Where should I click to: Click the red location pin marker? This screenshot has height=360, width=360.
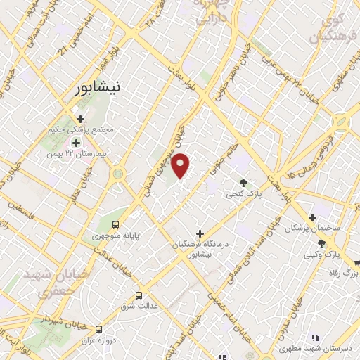pyautogui.click(x=181, y=165)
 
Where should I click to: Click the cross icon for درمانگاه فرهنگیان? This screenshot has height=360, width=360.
pyautogui.click(x=200, y=233)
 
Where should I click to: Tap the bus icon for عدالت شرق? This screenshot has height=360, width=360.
pyautogui.click(x=139, y=295)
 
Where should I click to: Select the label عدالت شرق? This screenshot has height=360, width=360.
pyautogui.click(x=139, y=306)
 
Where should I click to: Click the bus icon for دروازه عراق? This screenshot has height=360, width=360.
pyautogui.click(x=98, y=329)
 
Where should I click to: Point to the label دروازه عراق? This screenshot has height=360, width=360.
pyautogui.click(x=98, y=340)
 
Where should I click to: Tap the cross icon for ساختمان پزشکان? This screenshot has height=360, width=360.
pyautogui.click(x=312, y=218)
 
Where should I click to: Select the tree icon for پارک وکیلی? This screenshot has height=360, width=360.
pyautogui.click(x=321, y=243)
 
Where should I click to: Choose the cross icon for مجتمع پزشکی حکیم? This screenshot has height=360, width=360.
pyautogui.click(x=82, y=119)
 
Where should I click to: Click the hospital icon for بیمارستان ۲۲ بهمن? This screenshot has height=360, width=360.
pyautogui.click(x=76, y=143)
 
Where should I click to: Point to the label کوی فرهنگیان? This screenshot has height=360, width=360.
pyautogui.click(x=330, y=25)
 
